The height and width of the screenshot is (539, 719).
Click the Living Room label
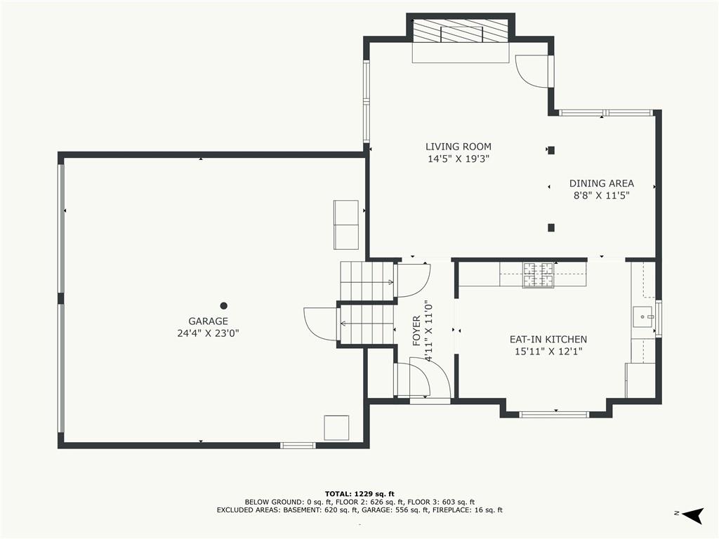click(x=458, y=147)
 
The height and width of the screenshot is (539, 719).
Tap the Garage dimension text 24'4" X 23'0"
click(x=208, y=333)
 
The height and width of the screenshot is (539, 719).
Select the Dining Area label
click(x=602, y=183)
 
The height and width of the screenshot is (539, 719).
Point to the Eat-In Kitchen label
click(x=548, y=339)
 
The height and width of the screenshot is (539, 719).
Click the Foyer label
click(x=416, y=331)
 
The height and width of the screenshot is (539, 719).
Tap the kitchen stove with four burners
click(x=539, y=274)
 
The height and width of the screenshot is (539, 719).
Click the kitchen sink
click(x=645, y=317)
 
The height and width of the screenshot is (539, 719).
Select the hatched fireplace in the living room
click(x=461, y=32)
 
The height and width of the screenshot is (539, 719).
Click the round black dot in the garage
click(x=224, y=306)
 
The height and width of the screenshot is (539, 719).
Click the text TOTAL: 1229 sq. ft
click(x=359, y=493)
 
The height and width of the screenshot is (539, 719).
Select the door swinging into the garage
click(x=321, y=324)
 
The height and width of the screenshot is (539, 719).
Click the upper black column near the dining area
click(x=551, y=150)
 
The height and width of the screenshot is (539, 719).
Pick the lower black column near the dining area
click(x=551, y=227)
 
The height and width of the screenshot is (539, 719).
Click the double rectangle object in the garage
click(x=346, y=225)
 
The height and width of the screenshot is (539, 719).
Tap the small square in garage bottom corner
click(x=336, y=427)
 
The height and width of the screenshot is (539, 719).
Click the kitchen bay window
click(x=554, y=415)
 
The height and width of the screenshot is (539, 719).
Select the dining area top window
click(x=605, y=113)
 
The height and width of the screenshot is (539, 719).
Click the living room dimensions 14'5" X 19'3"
click(x=459, y=159)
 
